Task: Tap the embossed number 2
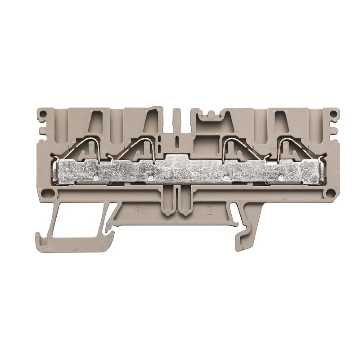pyautogui.click(x=210, y=210)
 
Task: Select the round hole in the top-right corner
pyautogui.click(x=333, y=114)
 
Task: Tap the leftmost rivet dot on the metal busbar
pyautogui.click(x=97, y=177)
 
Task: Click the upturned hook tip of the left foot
pyautogui.click(x=39, y=237)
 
